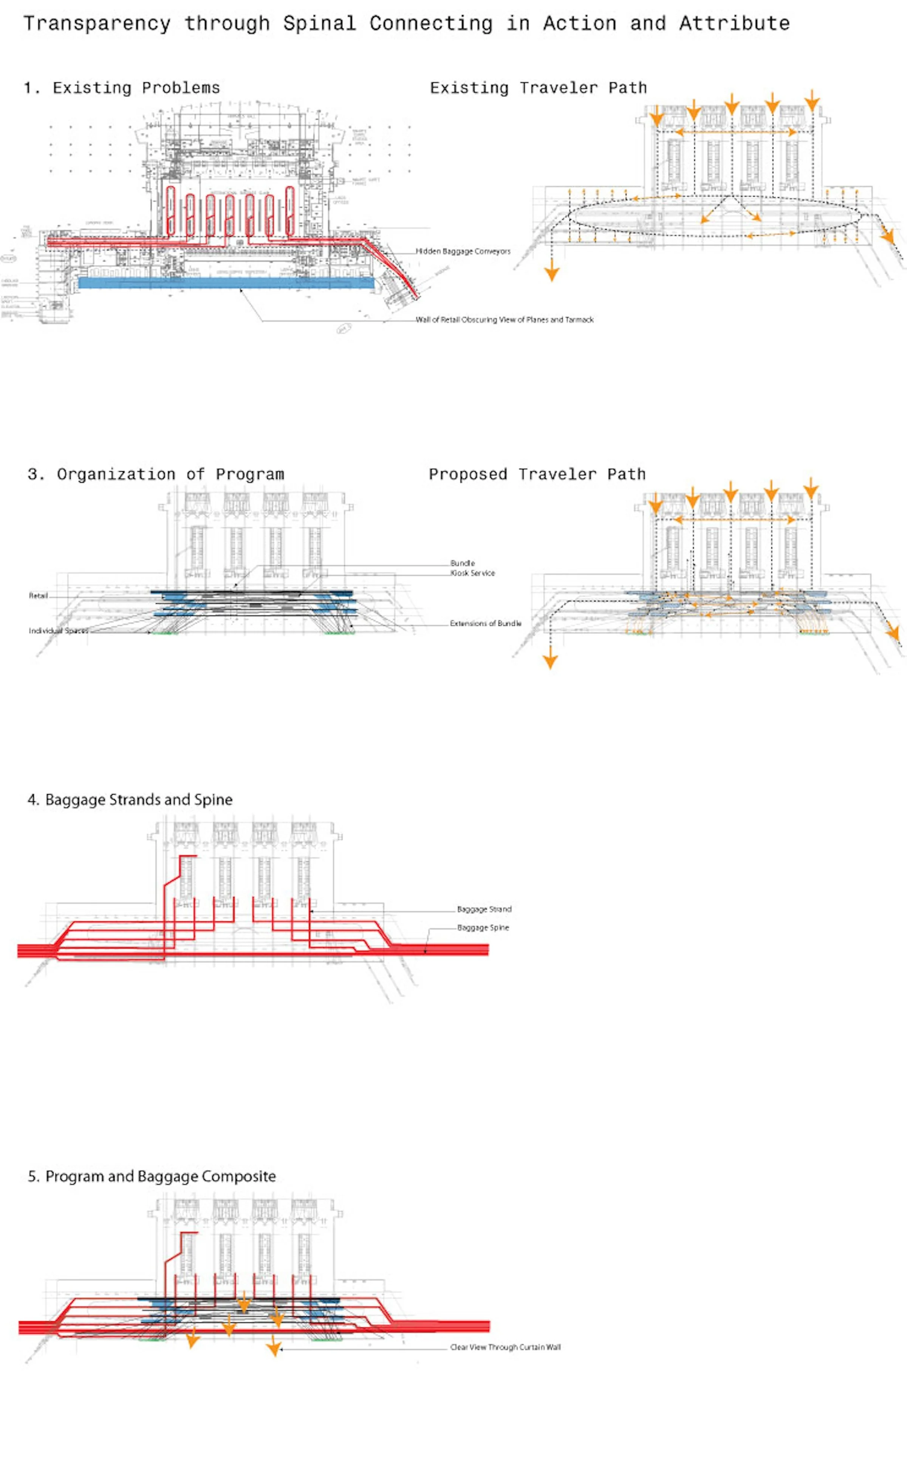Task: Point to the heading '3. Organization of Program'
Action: coord(155,474)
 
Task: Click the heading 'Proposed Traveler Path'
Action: coord(537,474)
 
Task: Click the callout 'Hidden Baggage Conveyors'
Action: coord(463,251)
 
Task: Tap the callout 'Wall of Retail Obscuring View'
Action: coord(504,320)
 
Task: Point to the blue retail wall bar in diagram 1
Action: coord(226,282)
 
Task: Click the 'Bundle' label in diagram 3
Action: coord(463,563)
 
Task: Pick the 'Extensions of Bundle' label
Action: coord(485,623)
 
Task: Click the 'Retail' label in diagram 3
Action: coord(38,595)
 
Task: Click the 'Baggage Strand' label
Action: coord(484,909)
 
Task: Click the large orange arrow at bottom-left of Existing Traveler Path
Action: coord(551,273)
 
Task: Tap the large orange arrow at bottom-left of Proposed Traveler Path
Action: coord(550,660)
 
